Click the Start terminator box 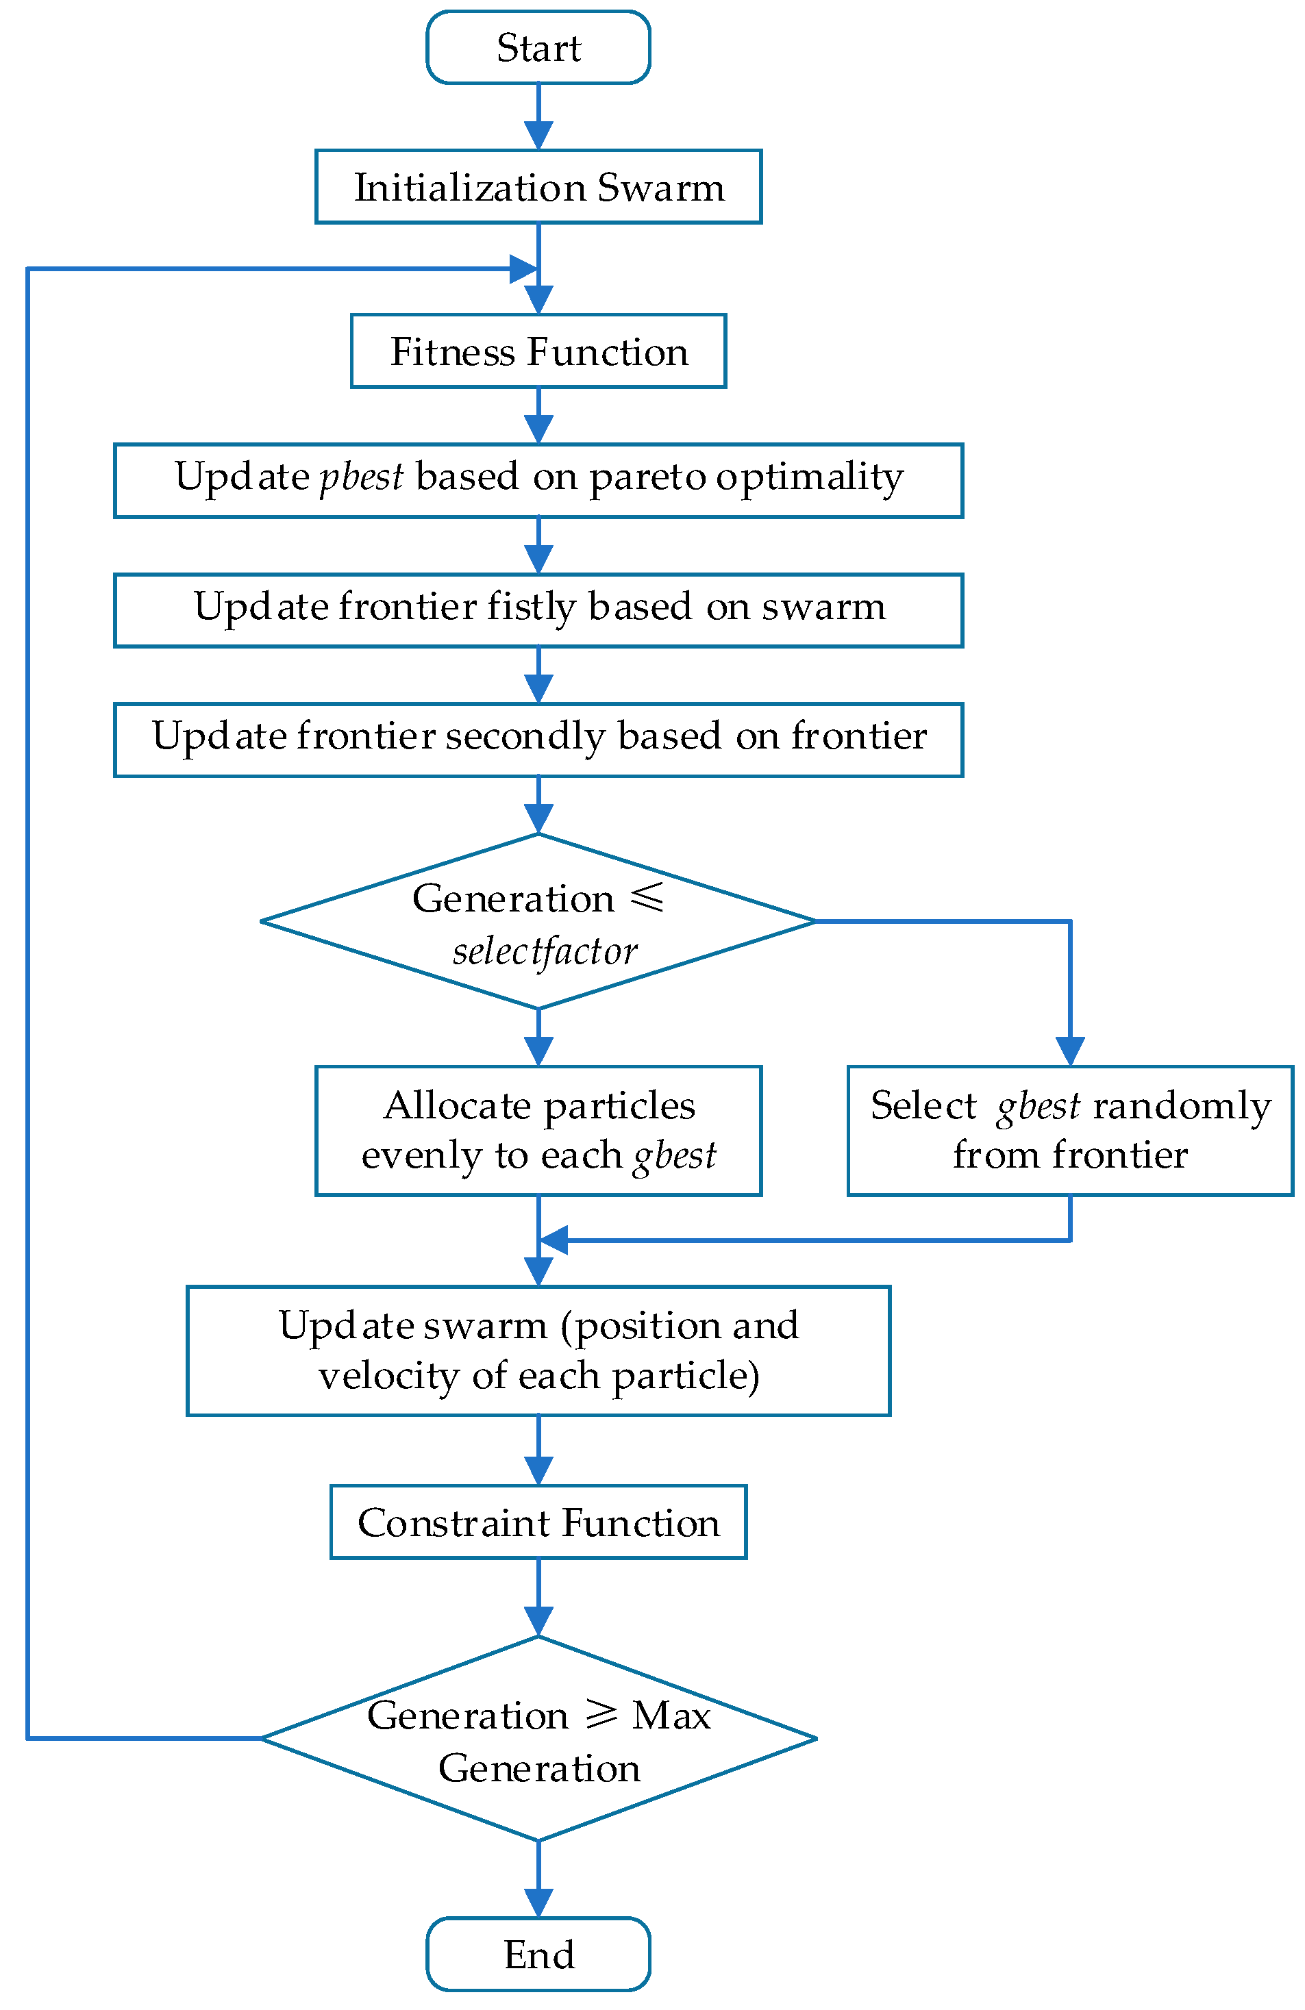538,47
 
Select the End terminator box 538,1953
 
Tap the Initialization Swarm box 538,187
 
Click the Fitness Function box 538,351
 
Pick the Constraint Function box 538,1522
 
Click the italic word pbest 362,477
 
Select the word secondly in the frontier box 525,736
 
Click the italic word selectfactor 545,952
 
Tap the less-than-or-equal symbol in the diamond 648,897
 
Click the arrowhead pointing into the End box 538,1902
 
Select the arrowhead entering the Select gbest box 1070,1051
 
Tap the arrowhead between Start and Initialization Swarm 538,135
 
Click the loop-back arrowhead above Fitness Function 523,269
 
